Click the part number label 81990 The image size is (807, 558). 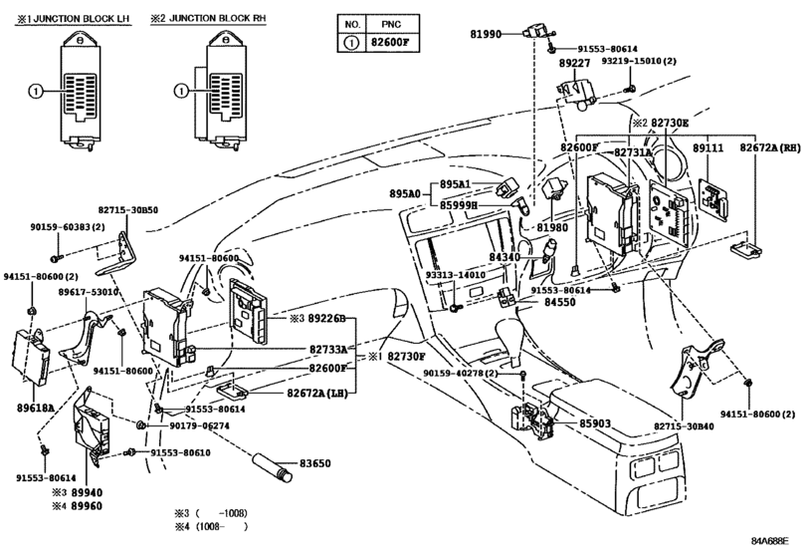click(488, 34)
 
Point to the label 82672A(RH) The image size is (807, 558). click(769, 147)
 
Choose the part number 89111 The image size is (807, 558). click(706, 147)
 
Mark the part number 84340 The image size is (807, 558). click(504, 258)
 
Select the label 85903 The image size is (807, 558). click(595, 423)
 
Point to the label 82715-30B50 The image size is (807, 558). click(128, 210)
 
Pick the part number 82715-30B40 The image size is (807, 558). click(684, 425)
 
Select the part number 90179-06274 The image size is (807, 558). click(199, 425)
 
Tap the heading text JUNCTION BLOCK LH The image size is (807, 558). click(77, 19)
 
